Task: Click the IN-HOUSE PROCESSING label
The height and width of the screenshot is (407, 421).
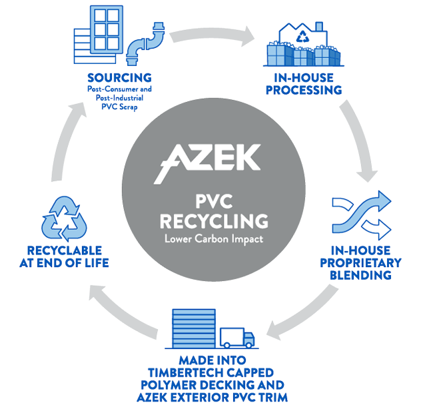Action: pos(303,84)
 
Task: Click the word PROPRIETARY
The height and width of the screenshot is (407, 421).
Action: pos(368,263)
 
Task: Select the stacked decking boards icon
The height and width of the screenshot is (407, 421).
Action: pos(194,328)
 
